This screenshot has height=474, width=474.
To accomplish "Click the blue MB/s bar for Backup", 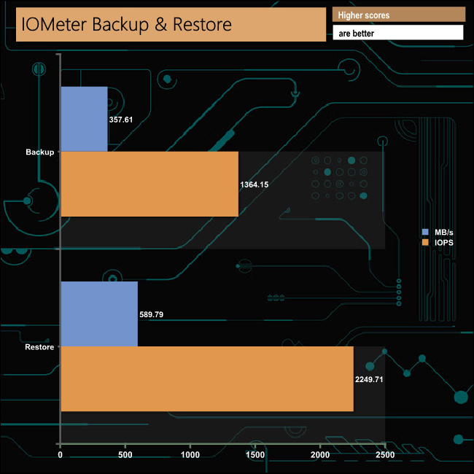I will (84, 119).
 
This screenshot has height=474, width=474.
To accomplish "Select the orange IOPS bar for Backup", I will (149, 184).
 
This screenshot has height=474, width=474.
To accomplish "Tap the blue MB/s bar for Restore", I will (99, 314).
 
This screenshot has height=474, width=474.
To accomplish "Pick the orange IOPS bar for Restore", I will (207, 378).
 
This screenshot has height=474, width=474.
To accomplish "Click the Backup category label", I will (39, 152).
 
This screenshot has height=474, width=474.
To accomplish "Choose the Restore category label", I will (39, 346).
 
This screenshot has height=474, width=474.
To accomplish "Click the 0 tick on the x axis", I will (61, 456).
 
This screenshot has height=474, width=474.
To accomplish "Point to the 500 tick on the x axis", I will (125, 456).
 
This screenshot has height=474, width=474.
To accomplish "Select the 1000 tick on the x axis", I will (190, 456).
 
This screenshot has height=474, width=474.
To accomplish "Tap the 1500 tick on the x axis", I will (255, 456).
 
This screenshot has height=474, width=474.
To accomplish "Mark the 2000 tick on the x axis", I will (320, 456).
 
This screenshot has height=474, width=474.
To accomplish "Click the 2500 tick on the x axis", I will (385, 456).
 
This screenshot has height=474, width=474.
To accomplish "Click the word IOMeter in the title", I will (58, 26).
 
